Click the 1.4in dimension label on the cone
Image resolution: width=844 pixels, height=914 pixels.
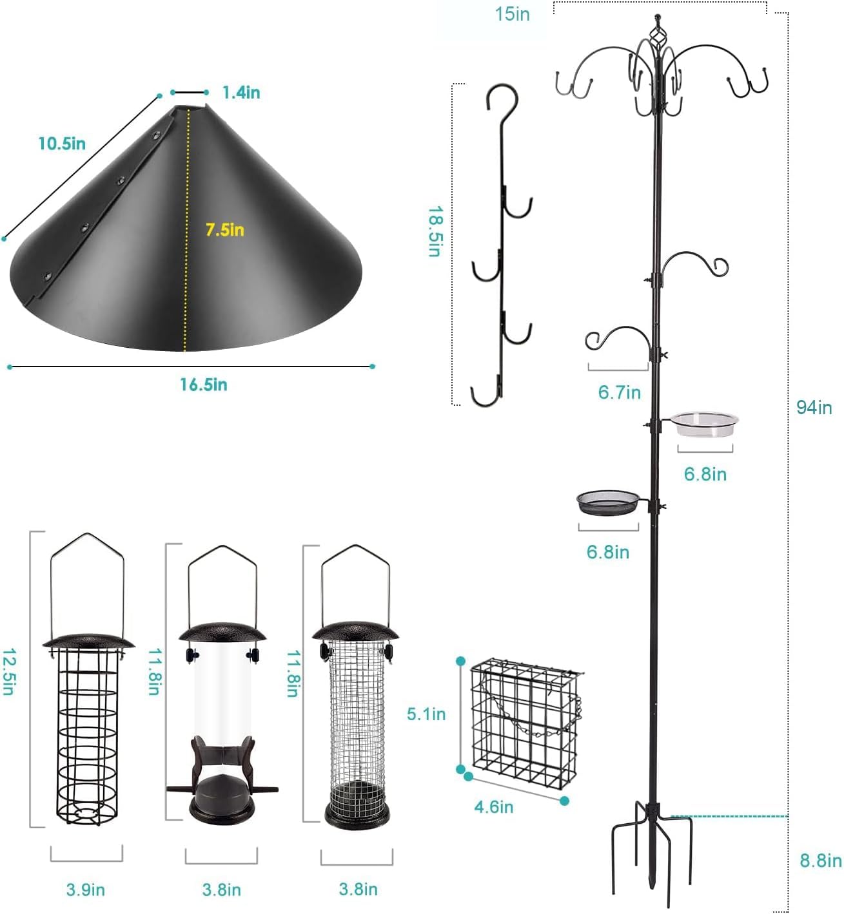(241, 93)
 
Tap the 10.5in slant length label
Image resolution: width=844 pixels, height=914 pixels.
(62, 143)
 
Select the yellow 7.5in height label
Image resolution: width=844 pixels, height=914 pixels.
(224, 229)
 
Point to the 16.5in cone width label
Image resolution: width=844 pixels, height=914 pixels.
(203, 385)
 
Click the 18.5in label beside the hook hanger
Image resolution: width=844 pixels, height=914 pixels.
(435, 232)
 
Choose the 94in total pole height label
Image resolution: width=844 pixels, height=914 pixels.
(814, 407)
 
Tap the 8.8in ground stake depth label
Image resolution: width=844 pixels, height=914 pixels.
(820, 861)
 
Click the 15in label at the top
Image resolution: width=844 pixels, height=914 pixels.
(512, 14)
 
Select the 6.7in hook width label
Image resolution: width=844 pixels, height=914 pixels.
(619, 392)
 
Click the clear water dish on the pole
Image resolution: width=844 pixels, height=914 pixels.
(705, 423)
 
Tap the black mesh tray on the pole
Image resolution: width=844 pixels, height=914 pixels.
(608, 503)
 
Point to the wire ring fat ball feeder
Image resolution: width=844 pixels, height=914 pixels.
(88, 721)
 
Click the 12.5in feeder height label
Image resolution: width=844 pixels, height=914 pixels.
(8, 671)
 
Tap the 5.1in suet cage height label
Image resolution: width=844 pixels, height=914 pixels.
(426, 714)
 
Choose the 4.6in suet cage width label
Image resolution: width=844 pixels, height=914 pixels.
(494, 806)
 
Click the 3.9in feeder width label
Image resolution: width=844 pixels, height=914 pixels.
(85, 890)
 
